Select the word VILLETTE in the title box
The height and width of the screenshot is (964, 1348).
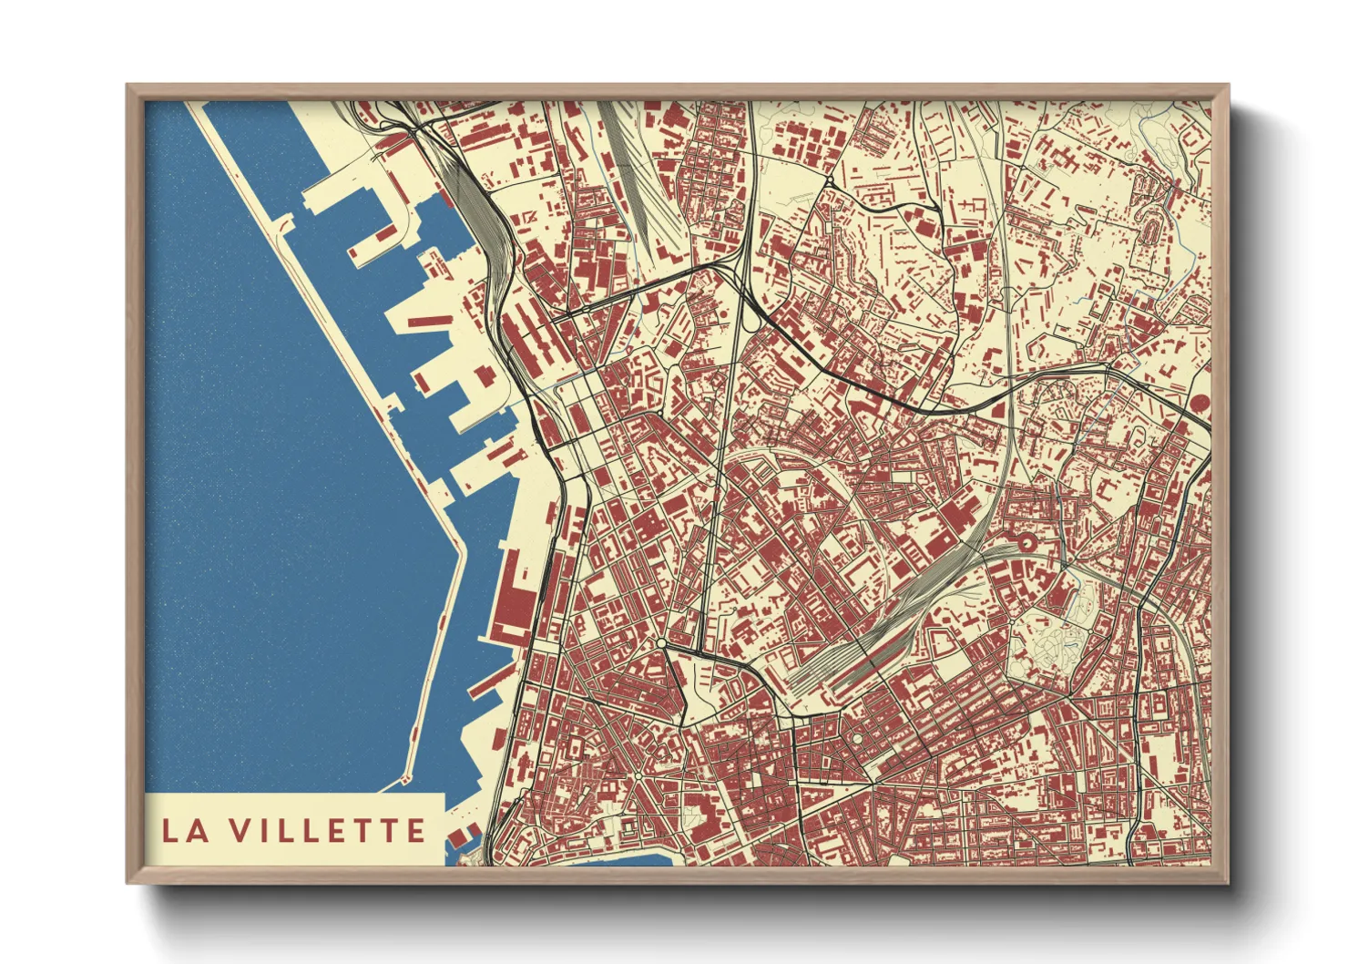(327, 831)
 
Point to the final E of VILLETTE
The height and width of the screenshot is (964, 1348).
(415, 831)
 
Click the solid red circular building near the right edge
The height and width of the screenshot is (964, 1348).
(1200, 402)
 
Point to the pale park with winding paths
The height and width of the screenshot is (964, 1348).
(1047, 638)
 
